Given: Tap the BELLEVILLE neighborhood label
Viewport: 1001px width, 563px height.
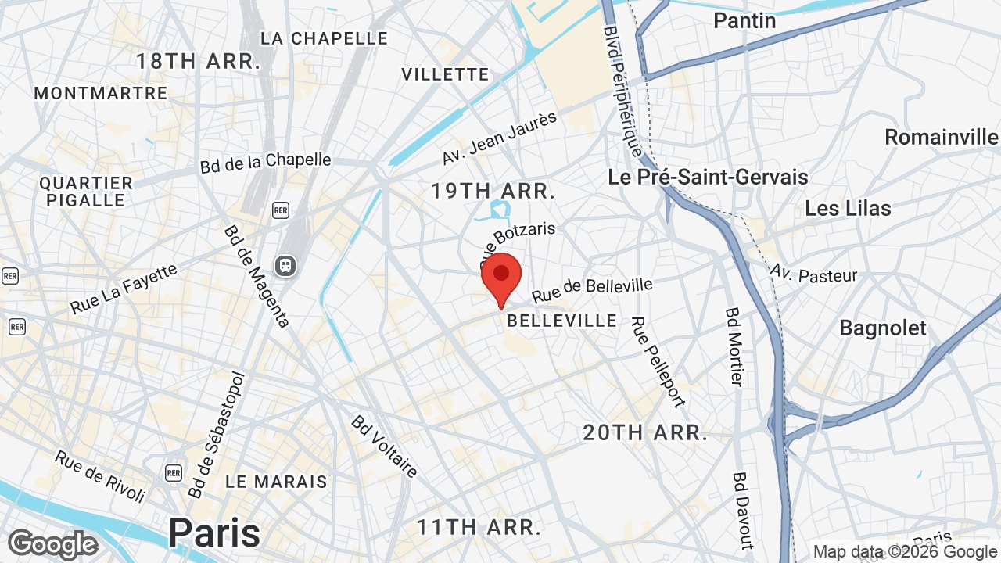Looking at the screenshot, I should click(x=561, y=321).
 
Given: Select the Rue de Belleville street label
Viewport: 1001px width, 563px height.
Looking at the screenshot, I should click(x=592, y=290).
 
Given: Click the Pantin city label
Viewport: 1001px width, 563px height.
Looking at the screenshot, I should click(x=744, y=20).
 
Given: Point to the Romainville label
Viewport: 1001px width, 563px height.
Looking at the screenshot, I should click(x=941, y=138).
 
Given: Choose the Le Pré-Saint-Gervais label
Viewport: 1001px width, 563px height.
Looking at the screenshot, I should click(x=708, y=177).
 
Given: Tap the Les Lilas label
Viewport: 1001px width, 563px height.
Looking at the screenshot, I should click(x=848, y=209).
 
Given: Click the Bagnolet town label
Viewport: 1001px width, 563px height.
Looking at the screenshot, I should click(x=882, y=328).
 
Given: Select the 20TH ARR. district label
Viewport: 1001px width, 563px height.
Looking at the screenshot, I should click(x=644, y=432).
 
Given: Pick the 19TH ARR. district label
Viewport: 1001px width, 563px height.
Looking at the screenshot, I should click(x=493, y=191).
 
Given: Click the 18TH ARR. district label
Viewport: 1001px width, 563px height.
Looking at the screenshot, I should click(x=198, y=62).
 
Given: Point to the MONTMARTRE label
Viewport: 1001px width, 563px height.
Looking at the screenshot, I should click(x=101, y=93).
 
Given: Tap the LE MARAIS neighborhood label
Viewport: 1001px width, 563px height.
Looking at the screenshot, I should click(x=276, y=482).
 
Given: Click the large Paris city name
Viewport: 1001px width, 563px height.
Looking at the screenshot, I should click(x=214, y=533).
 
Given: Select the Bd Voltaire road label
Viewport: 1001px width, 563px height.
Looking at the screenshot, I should click(x=384, y=446).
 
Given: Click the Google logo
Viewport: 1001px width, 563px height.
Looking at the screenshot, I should click(x=52, y=544).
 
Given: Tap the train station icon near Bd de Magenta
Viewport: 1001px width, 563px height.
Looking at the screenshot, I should click(x=285, y=266).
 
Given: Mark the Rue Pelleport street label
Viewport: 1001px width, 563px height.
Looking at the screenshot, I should click(x=657, y=361).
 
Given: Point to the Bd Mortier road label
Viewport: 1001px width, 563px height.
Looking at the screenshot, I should click(x=734, y=346).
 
